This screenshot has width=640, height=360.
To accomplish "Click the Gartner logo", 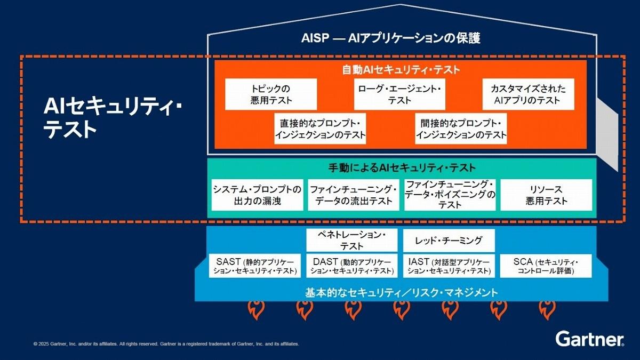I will click(589, 339).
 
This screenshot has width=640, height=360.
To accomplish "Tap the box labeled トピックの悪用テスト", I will click(271, 94).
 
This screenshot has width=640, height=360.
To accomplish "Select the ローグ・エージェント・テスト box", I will click(399, 94).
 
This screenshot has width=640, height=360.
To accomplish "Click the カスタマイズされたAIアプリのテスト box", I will click(528, 94).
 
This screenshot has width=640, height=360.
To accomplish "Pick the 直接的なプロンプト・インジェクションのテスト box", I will click(321, 129).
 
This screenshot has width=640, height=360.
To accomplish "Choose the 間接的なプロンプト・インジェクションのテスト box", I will click(461, 129).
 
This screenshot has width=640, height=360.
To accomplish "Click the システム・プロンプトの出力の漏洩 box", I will click(257, 195).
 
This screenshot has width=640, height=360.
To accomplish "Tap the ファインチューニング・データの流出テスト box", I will click(354, 195).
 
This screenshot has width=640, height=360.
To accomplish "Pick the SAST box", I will click(255, 266).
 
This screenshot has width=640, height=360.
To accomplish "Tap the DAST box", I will click(352, 266).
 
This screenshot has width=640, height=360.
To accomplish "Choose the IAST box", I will click(449, 266).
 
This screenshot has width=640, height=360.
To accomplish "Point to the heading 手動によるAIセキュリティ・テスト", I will click(402, 167).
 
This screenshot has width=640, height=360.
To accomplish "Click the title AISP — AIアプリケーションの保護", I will click(391, 38).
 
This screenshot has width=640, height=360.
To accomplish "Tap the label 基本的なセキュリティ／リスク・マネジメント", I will click(402, 292).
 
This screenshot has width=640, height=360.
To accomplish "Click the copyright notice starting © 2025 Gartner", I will click(166, 344).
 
